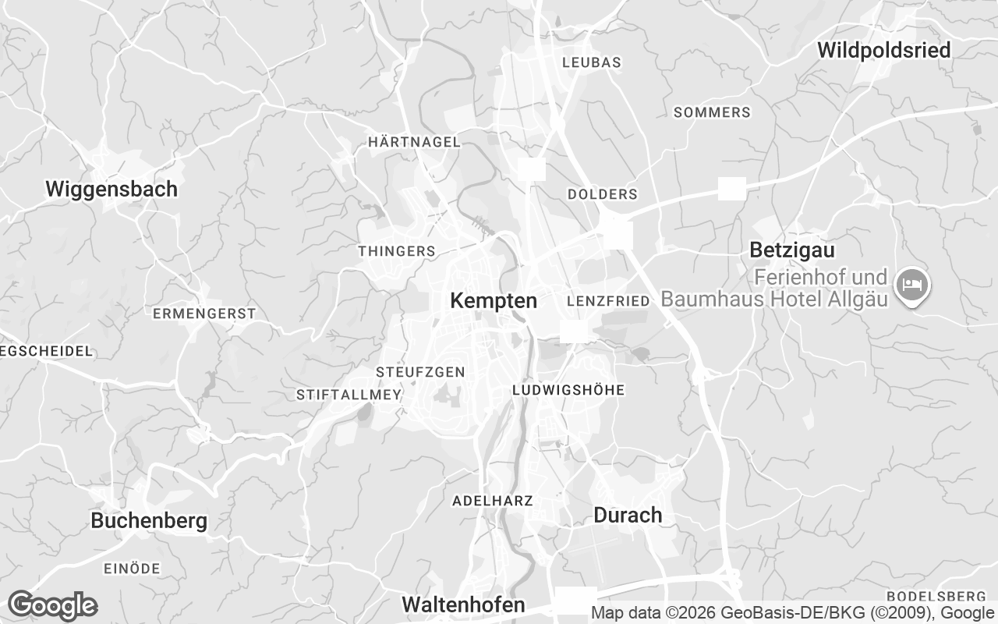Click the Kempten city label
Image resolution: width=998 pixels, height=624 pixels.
(494, 301)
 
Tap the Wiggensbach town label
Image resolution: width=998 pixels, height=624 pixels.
(111, 189)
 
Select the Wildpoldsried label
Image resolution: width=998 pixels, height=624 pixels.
(884, 51)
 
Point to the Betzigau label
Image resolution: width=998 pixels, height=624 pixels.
(791, 250)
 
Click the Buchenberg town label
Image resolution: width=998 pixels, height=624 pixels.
(149, 521)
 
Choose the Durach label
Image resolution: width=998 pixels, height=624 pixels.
(628, 515)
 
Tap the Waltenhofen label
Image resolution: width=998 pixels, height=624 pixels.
(463, 604)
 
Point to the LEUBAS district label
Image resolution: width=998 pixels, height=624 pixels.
(591, 62)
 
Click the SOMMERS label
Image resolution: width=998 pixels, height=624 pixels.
(712, 112)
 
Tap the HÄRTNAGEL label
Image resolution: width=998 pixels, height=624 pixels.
(414, 142)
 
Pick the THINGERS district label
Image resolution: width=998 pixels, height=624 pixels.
(396, 251)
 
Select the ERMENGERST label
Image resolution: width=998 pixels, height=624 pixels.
(204, 314)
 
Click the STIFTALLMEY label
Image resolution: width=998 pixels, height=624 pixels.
(349, 395)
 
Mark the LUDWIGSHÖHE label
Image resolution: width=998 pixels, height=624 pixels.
(568, 390)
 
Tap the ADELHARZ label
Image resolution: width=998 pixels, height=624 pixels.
(493, 500)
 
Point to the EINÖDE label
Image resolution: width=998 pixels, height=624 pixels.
(132, 569)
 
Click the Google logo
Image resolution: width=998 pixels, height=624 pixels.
(52, 605)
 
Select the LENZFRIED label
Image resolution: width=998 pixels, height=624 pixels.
(608, 301)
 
